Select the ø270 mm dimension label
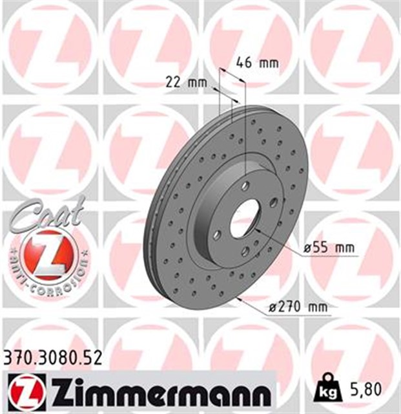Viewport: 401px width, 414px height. pos(300,309)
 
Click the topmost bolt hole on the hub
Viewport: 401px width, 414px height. pos(245,186)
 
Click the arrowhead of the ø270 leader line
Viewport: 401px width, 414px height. pos(238,299)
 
